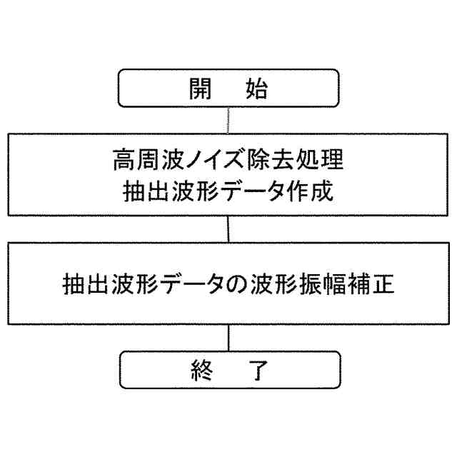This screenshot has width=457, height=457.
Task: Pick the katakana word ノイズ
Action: pos(204,161)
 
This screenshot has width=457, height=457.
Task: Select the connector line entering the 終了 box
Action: pos(228,337)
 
